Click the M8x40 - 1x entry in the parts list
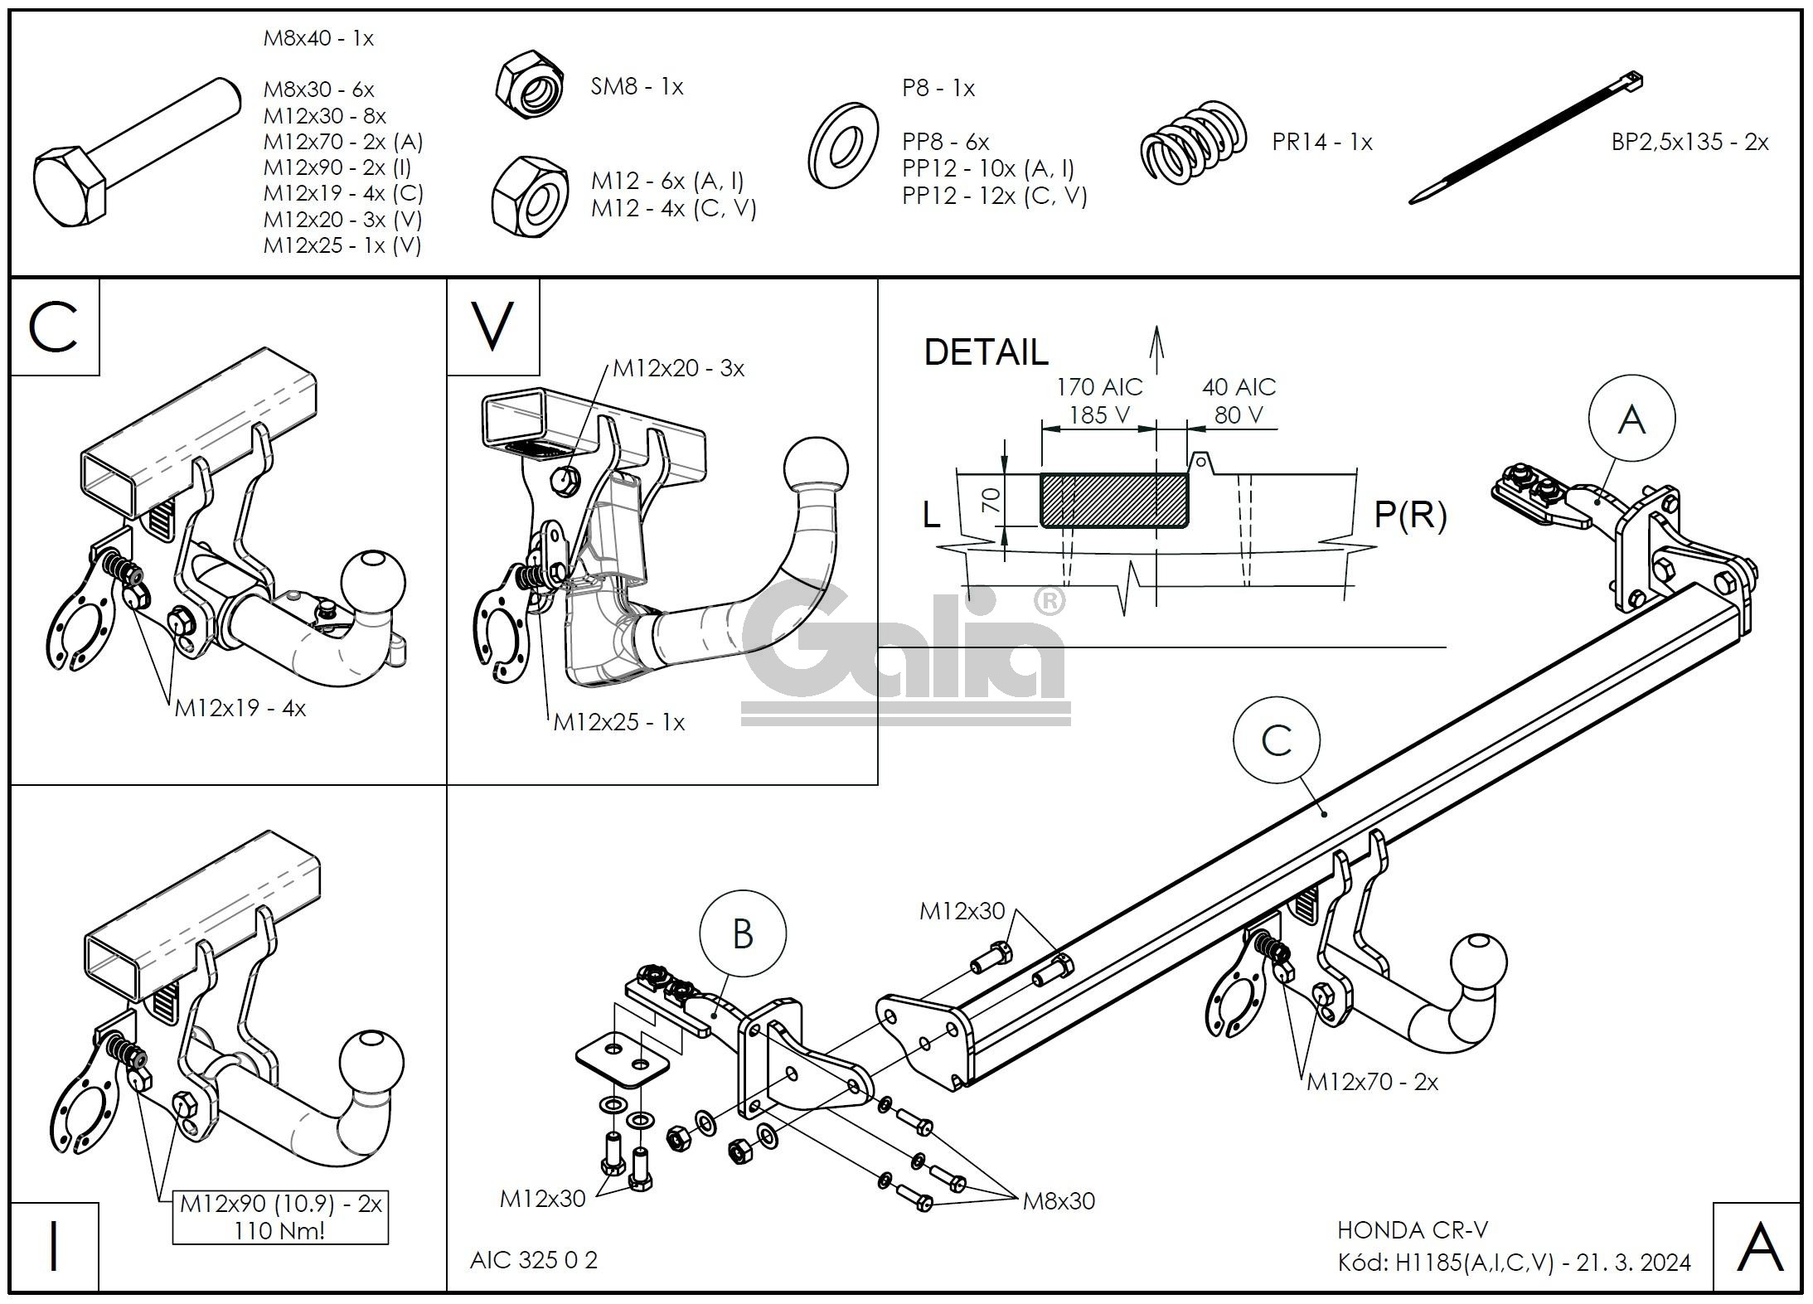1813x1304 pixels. pyautogui.click(x=318, y=39)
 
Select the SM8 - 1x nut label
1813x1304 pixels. pyautogui.click(x=637, y=87)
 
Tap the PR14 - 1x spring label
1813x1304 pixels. pyautogui.click(x=1322, y=143)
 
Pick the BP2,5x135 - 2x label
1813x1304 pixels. pyautogui.click(x=1689, y=143)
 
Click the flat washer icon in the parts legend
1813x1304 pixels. pyautogui.click(x=843, y=145)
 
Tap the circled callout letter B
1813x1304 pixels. pyautogui.click(x=742, y=934)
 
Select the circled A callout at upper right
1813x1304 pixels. pyautogui.click(x=1631, y=419)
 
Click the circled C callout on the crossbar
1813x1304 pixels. pyautogui.click(x=1276, y=739)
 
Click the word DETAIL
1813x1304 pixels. pyautogui.click(x=986, y=352)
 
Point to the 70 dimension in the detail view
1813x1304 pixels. pyautogui.click(x=991, y=501)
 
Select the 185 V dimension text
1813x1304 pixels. pyautogui.click(x=1099, y=414)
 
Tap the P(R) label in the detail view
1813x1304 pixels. pyautogui.click(x=1410, y=515)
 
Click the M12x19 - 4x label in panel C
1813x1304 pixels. pyautogui.click(x=240, y=709)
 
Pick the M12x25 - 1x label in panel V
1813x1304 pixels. pyautogui.click(x=618, y=723)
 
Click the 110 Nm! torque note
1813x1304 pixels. pyautogui.click(x=279, y=1230)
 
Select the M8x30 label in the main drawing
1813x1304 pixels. pyautogui.click(x=1059, y=1200)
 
